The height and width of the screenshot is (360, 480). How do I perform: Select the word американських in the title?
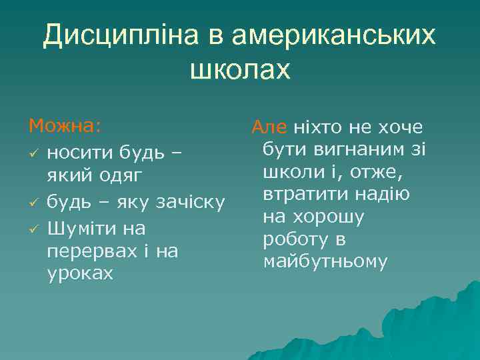pos(333,36)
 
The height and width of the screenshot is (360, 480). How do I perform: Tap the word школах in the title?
pos(241,69)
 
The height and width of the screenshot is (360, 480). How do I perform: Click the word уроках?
pos(80,274)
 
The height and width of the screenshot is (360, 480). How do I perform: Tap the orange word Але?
pos(269,127)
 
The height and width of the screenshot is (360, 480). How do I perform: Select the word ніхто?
pos(319,127)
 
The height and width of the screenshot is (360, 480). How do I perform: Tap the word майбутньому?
pos(325,262)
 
